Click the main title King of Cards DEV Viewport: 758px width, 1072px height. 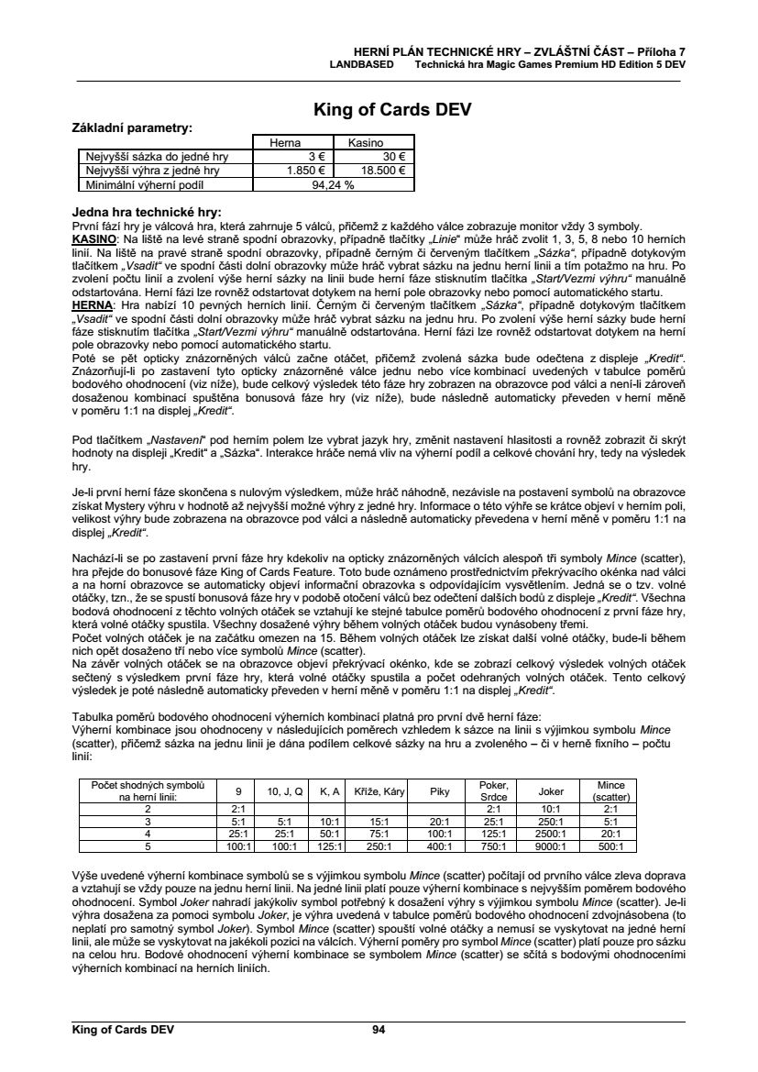tap(379, 110)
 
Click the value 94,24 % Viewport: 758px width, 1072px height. tap(334, 183)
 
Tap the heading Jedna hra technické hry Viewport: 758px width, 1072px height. tap(146, 211)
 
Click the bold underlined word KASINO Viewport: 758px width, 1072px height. tap(93, 237)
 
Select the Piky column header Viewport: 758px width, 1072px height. tap(440, 791)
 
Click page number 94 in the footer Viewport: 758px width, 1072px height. tap(379, 1030)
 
